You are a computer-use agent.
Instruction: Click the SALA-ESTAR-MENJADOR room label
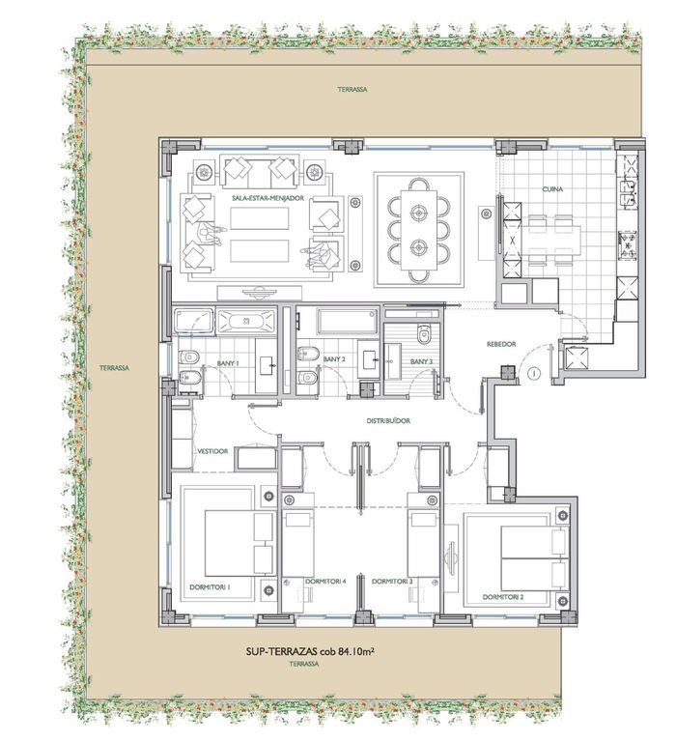click(268, 198)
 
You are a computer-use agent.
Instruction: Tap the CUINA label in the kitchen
click(552, 189)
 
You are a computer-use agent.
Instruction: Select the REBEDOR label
click(501, 345)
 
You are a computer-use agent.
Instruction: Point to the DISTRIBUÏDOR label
click(388, 420)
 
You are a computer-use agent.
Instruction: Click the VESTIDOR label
click(212, 451)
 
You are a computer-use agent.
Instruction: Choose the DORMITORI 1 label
click(210, 587)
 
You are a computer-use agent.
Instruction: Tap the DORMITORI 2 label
click(503, 597)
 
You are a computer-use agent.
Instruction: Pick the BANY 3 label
click(421, 361)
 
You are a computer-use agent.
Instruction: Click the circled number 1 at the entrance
click(534, 373)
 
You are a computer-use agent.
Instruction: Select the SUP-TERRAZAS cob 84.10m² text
click(310, 651)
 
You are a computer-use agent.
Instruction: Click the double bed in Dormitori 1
click(239, 543)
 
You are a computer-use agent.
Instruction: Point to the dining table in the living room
click(419, 230)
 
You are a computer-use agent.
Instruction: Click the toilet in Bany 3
click(424, 333)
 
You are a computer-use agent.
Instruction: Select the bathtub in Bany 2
click(349, 322)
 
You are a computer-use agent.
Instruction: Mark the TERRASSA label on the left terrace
click(114, 368)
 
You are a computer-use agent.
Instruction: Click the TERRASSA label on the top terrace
click(352, 89)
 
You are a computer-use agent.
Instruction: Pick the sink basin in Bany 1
click(267, 365)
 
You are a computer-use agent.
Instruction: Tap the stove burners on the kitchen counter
click(628, 245)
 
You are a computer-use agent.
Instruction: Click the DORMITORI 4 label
click(325, 581)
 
